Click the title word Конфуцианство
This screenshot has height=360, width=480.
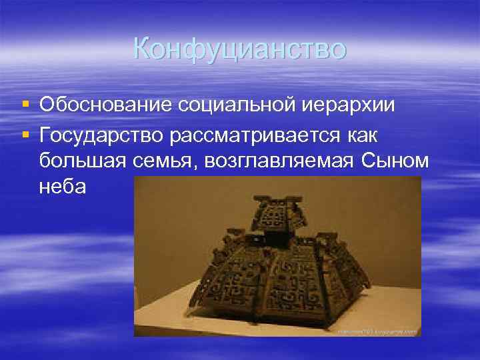(239, 48)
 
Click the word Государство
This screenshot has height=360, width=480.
(101, 135)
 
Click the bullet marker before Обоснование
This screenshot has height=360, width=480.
(25, 105)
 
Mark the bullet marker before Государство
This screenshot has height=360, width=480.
(25, 135)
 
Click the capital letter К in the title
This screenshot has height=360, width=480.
(143, 48)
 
